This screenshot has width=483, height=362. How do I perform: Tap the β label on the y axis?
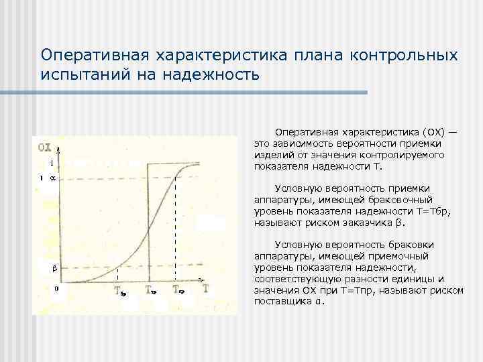point(55,269)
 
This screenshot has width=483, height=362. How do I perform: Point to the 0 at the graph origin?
point(56,289)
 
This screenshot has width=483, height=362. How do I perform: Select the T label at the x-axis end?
point(205,289)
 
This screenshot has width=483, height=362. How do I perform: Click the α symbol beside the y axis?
point(54,178)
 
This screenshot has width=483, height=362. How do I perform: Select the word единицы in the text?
point(417,279)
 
